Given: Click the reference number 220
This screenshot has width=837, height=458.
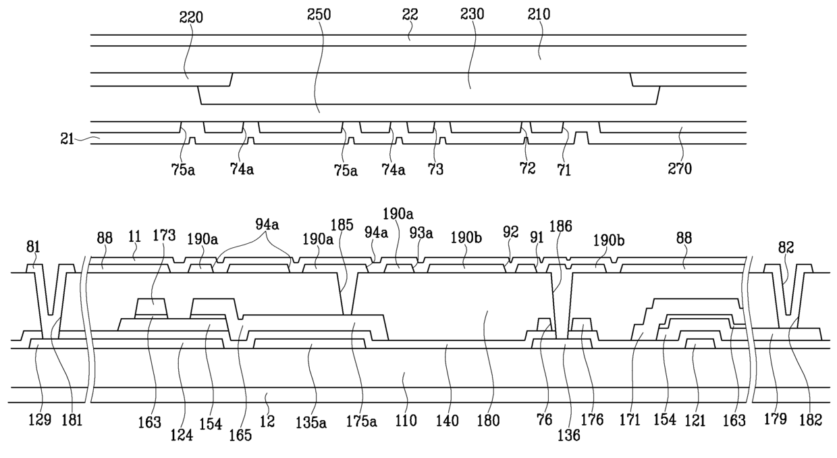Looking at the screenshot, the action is pos(191,18).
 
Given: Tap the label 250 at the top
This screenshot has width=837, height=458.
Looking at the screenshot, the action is pos(319,15).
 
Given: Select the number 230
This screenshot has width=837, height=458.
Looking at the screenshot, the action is pos(473,14).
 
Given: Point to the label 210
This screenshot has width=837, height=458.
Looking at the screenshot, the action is pos(539,14).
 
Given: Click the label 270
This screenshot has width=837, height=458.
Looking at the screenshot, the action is pos(680,169).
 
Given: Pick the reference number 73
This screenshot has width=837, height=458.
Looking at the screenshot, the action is pos(435,170).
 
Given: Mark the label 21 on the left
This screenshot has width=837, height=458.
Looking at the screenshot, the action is pos(67,139).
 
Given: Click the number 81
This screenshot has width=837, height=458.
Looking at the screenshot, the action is pos(33,247).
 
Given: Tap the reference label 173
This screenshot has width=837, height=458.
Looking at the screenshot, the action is pos(164,236).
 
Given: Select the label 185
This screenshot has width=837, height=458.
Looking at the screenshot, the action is pos(342,225).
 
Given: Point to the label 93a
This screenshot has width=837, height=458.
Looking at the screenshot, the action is pos(421,233).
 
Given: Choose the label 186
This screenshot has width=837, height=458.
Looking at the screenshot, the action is pos(560,226).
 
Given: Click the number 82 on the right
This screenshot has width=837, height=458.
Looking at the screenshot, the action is pos(786,247).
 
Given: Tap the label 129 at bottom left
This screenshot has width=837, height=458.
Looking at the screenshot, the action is pos(40,420).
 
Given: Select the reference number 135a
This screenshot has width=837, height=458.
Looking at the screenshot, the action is pos(311,422).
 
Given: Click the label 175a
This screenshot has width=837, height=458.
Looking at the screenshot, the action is pos(361,422).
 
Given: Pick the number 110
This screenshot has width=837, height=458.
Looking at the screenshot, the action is pos(406,421).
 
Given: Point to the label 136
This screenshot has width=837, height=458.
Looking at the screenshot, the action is pos(569,435).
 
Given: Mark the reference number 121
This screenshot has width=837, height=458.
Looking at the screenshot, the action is pos(695,421).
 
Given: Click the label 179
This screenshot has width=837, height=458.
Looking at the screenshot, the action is pos(776,419).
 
